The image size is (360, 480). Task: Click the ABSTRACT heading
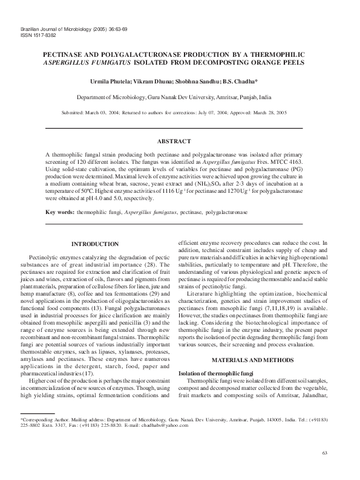pos(174,141)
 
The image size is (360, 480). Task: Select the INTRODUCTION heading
pos(95,244)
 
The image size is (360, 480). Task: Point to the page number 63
pos(324,453)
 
